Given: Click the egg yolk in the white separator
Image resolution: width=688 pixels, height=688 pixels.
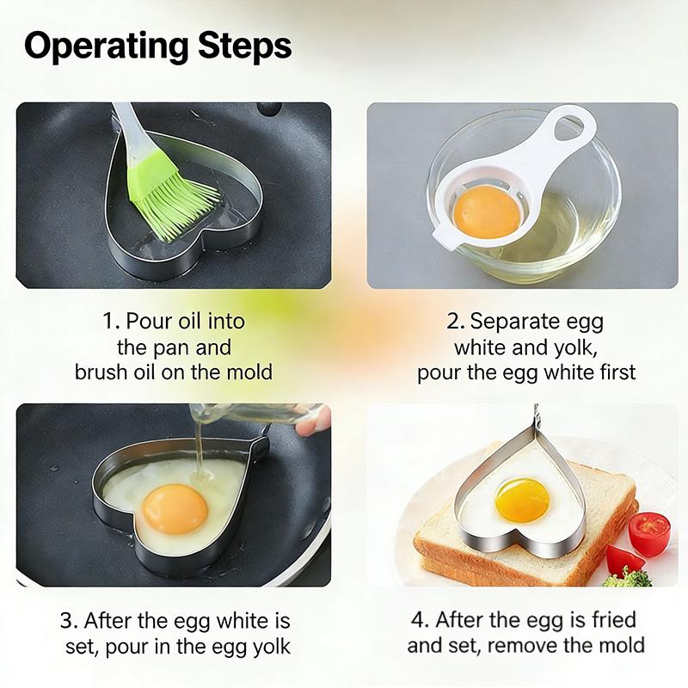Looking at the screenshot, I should click(486, 212).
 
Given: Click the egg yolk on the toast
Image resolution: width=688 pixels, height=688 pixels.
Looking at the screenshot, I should click(522, 500).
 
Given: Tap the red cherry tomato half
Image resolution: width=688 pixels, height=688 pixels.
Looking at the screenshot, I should click(649, 533).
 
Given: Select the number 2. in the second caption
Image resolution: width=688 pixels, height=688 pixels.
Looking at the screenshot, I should click(455, 322).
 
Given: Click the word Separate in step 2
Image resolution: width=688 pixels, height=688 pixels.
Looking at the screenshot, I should click(513, 322).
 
